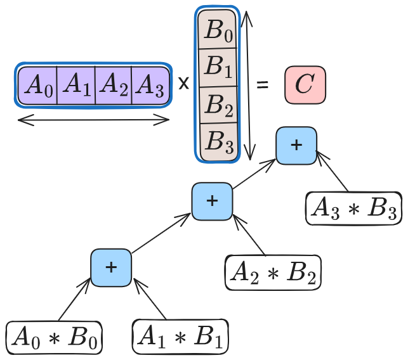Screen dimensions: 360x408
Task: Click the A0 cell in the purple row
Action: pyautogui.click(x=38, y=85)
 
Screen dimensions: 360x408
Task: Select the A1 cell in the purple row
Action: pyautogui.click(x=76, y=85)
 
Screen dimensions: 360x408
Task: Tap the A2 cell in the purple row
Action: pyautogui.click(x=114, y=85)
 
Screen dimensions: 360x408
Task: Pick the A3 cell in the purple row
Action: pyautogui.click(x=150, y=85)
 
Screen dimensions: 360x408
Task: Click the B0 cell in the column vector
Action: pyautogui.click(x=218, y=32)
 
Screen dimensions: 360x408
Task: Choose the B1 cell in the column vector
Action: pyautogui.click(x=218, y=67)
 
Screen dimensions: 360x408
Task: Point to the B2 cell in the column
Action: pyautogui.click(x=218, y=105)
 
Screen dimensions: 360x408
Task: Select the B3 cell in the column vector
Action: pyautogui.click(x=218, y=139)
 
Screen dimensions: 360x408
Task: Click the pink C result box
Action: pyautogui.click(x=305, y=85)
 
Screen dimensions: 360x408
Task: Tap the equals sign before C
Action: pyautogui.click(x=261, y=85)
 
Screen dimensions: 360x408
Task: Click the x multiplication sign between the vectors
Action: pyautogui.click(x=183, y=84)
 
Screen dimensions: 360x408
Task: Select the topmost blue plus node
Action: pyautogui.click(x=296, y=145)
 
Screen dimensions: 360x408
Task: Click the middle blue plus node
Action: pyautogui.click(x=212, y=202)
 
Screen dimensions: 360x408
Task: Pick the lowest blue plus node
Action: pyautogui.click(x=111, y=267)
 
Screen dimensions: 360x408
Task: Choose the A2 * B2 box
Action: pyautogui.click(x=273, y=273)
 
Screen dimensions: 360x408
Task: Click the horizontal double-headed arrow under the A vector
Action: pyautogui.click(x=93, y=120)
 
